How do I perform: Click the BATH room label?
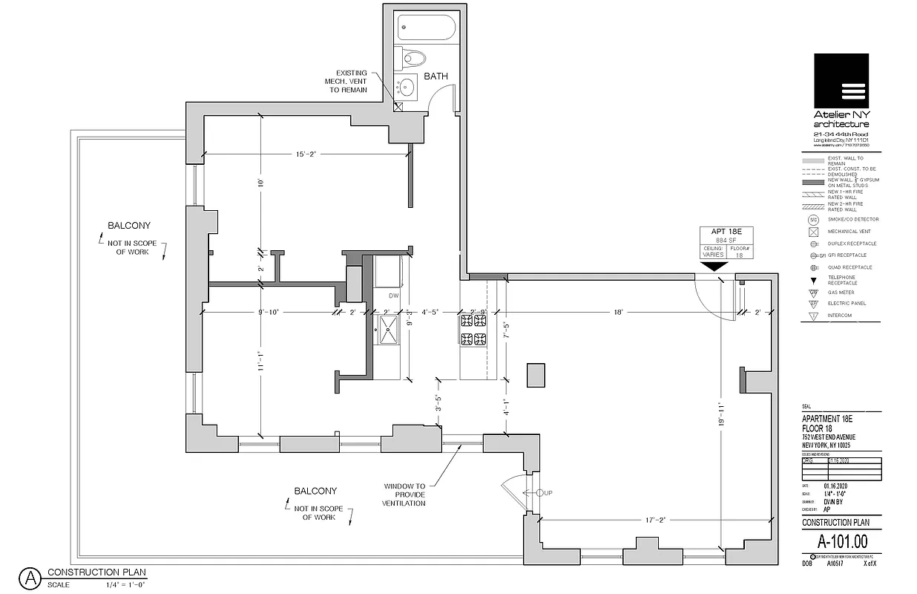[x=435, y=76]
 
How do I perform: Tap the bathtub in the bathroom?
[x=425, y=28]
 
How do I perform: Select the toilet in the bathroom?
[x=413, y=58]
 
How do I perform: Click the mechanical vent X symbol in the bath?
[x=398, y=106]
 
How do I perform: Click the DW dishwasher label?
[x=394, y=296]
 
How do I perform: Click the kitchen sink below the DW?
[x=387, y=330]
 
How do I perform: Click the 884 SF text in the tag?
[x=727, y=241]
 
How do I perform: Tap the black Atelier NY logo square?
[x=841, y=80]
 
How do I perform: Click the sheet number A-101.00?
[x=841, y=541]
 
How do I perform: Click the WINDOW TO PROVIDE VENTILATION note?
[x=404, y=495]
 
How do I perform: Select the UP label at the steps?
[x=548, y=493]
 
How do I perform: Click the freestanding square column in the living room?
[x=535, y=374]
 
